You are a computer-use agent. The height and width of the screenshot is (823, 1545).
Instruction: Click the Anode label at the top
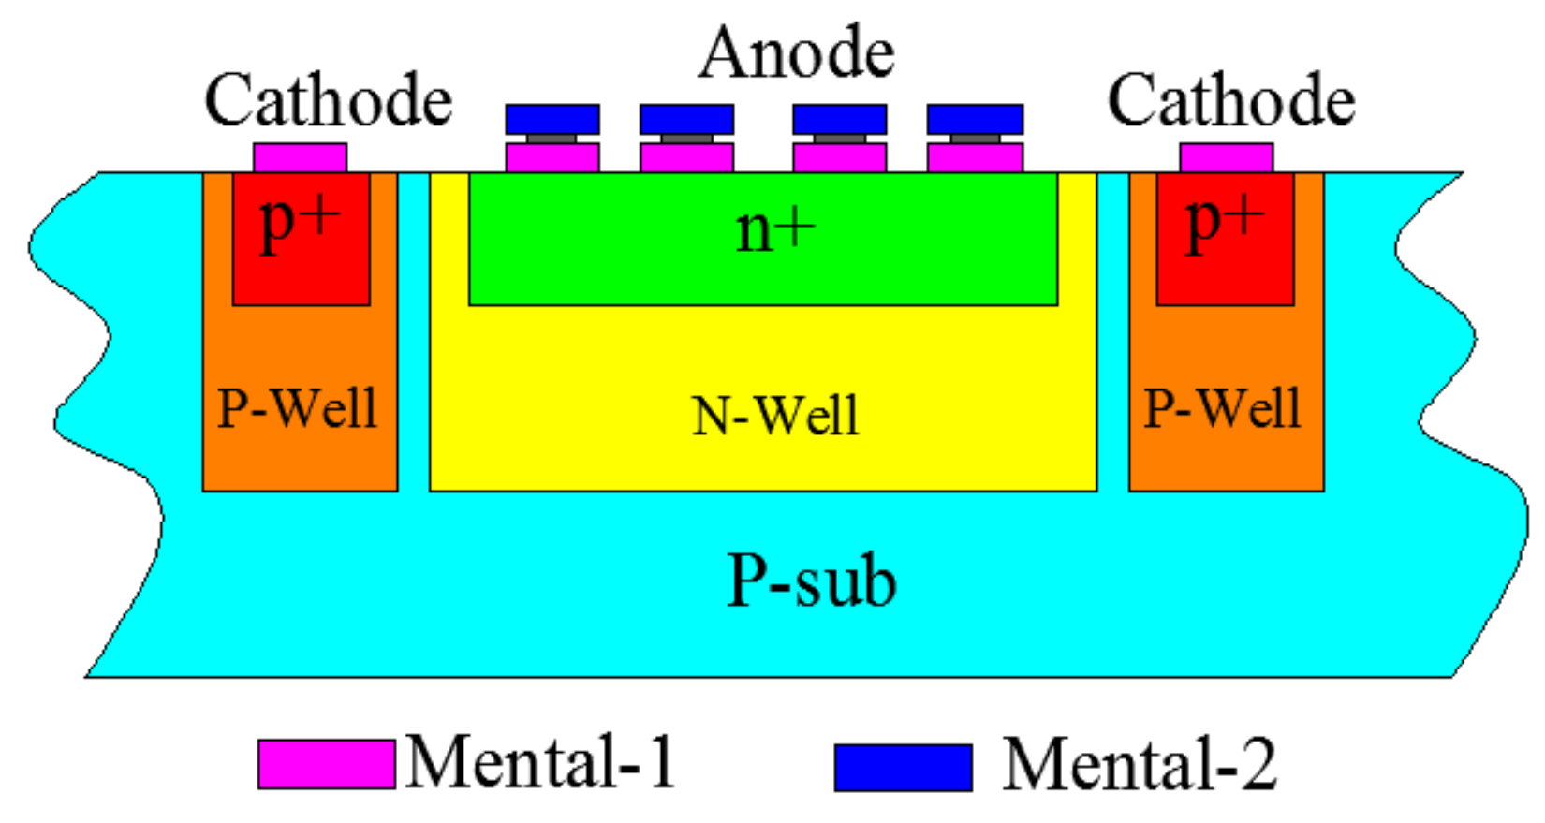tap(797, 53)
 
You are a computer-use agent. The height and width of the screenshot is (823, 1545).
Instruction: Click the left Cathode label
tap(329, 101)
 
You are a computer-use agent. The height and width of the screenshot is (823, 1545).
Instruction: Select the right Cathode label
tap(1231, 101)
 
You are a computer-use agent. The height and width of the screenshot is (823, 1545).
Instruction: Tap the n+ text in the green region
tap(776, 229)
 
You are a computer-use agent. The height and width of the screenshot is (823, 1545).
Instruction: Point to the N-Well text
tap(775, 416)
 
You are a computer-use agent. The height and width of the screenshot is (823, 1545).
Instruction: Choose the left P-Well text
tap(298, 408)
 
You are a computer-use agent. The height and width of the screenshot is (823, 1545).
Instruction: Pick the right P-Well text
tap(1223, 408)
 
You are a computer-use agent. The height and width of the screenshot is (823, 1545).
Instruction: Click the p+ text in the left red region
tap(301, 223)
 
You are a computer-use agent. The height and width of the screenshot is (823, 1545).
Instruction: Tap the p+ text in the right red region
tap(1225, 223)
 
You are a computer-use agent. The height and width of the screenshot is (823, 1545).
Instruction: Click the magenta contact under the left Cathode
tap(300, 157)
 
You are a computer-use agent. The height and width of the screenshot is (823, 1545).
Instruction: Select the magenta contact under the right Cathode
tap(1226, 157)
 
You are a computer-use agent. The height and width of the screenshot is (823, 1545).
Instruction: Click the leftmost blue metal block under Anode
tap(552, 119)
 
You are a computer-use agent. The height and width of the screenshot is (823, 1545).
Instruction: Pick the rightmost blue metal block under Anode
tap(975, 119)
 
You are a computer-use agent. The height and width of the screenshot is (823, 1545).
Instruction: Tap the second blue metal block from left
tap(686, 119)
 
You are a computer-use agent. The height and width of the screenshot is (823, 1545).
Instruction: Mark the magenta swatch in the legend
tap(326, 764)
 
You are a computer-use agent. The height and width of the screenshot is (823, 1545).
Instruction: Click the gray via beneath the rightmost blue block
tap(975, 139)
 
